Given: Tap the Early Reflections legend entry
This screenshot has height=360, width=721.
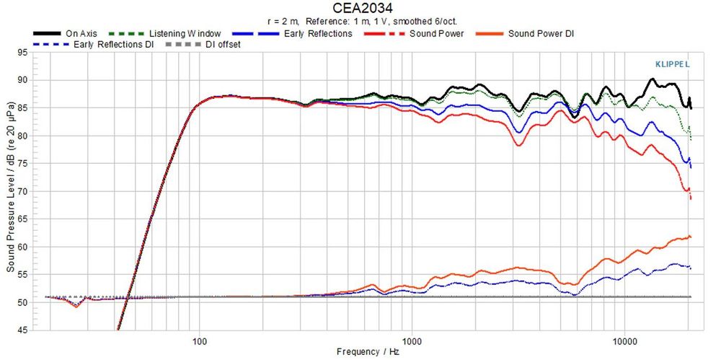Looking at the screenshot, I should coord(318,33).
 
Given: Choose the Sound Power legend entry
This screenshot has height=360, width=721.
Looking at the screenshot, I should coord(436,33).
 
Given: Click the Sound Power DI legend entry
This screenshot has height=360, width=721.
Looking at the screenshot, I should coord(541,33).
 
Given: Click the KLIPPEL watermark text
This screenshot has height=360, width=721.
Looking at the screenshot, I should coord(670,63).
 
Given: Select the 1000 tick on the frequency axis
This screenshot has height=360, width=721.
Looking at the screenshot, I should coord(412,340).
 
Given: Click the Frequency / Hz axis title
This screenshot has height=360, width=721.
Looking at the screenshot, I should coord(367,352).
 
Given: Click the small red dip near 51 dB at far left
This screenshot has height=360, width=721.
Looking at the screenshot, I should coord(77,306).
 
